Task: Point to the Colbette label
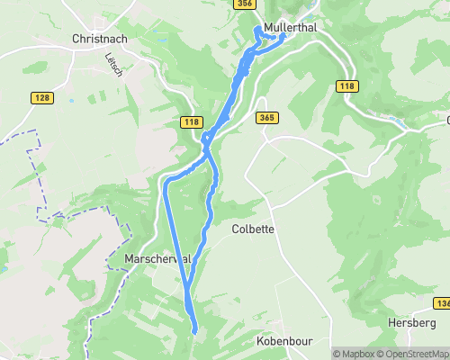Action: click(x=253, y=229)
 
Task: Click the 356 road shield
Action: click(x=243, y=4)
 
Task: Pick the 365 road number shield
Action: click(x=266, y=118)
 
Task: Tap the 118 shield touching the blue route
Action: click(x=190, y=121)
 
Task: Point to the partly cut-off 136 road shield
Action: click(x=442, y=302)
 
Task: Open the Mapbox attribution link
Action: click(x=355, y=354)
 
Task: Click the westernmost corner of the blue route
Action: click(x=166, y=184)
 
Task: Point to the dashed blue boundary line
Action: click(x=40, y=171)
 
